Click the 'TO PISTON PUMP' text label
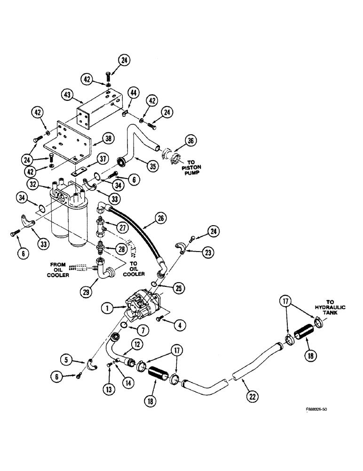pyautogui.click(x=194, y=166)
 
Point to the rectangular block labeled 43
pyautogui.click(x=96, y=114)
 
